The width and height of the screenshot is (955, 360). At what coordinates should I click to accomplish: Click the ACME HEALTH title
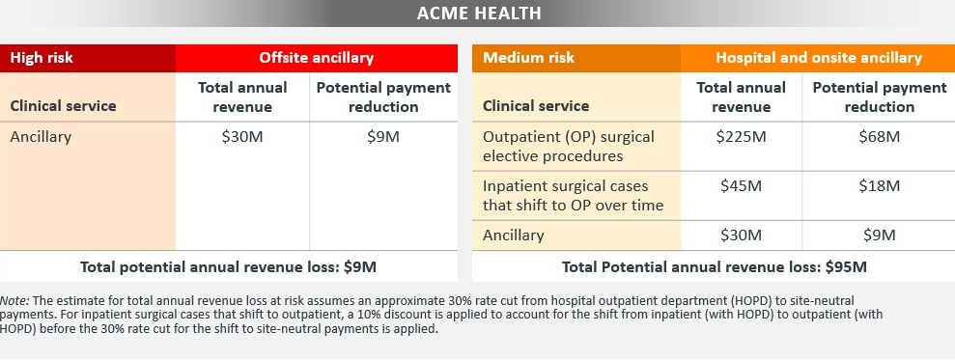pos(479,13)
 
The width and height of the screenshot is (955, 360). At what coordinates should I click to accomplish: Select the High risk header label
pos(42,58)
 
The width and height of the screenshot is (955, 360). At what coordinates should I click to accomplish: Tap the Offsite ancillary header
pos(316,58)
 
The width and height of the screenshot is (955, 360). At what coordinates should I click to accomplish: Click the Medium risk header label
pos(528,58)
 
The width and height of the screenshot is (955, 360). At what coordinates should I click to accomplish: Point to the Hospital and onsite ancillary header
pos(819,58)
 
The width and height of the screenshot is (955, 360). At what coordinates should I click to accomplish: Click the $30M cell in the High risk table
pos(242,136)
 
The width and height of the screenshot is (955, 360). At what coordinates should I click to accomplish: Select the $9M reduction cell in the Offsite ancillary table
pos(383,136)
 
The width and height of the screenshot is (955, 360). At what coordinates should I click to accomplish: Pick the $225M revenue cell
pos(741,136)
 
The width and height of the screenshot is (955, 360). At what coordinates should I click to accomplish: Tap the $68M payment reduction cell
pos(879,136)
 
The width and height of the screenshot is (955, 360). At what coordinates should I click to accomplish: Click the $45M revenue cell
pos(741,185)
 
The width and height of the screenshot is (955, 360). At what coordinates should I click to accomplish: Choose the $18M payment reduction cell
pos(879,185)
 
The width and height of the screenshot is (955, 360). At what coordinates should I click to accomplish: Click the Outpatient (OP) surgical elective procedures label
pos(568,146)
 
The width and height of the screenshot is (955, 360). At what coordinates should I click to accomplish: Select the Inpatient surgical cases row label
pos(573,196)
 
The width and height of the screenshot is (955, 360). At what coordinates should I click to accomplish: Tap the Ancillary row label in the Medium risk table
pos(513,235)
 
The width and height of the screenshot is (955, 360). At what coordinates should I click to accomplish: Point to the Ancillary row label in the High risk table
pos(41,136)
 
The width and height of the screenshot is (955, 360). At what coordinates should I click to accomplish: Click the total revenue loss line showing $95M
pos(714,266)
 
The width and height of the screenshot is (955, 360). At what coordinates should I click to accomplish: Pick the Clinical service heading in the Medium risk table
pos(535,106)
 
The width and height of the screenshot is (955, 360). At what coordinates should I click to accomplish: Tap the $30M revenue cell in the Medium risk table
pos(741,235)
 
